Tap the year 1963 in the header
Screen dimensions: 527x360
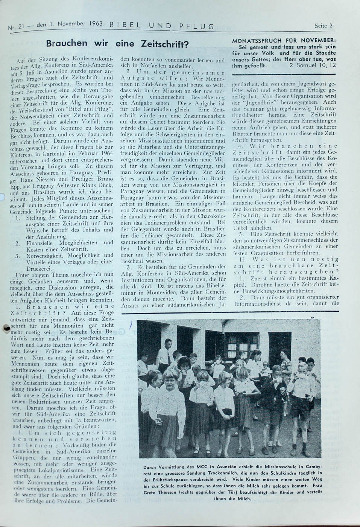(x=97, y=24)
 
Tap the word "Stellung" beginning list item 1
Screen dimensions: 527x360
(x=38, y=218)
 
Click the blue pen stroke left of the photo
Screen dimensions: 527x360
(x=131, y=325)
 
